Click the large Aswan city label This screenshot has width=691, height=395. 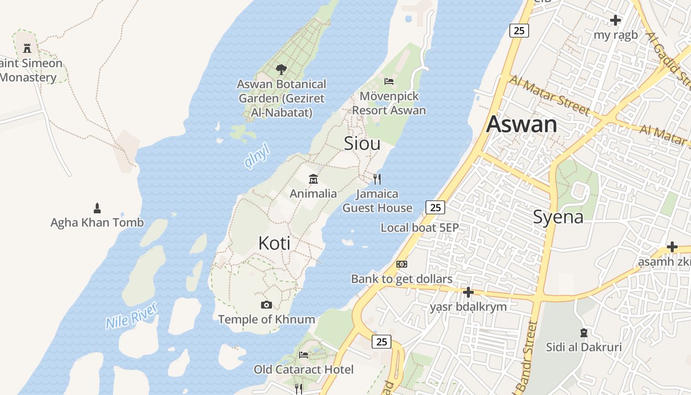pos(522,124)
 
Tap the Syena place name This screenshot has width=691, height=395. pos(558,217)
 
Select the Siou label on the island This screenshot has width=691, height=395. pos(362,143)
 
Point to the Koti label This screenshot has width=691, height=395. pos(274,243)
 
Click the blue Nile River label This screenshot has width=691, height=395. pos(131,316)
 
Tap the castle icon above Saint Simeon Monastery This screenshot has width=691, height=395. pos(27,48)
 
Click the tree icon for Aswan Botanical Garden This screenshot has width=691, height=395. pos(281,70)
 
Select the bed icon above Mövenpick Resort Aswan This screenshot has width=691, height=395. pos(389,81)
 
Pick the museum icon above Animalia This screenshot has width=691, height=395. pos(313,179)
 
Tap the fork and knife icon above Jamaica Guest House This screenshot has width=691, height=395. pos(377,179)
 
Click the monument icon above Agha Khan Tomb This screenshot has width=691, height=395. pos(97,208)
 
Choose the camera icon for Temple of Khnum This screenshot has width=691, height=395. pos(267,305)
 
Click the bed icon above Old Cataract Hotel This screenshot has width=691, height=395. pos(304,355)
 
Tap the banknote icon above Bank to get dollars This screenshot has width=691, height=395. pos(402,264)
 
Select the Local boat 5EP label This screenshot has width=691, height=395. pos(420,228)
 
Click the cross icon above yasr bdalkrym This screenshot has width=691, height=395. pos(468,292)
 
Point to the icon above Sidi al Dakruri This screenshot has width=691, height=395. pos(584,333)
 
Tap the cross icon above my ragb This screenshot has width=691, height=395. pos(615,20)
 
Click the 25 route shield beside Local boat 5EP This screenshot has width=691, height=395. pos(435,207)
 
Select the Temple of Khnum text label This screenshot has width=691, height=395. pos(267,319)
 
